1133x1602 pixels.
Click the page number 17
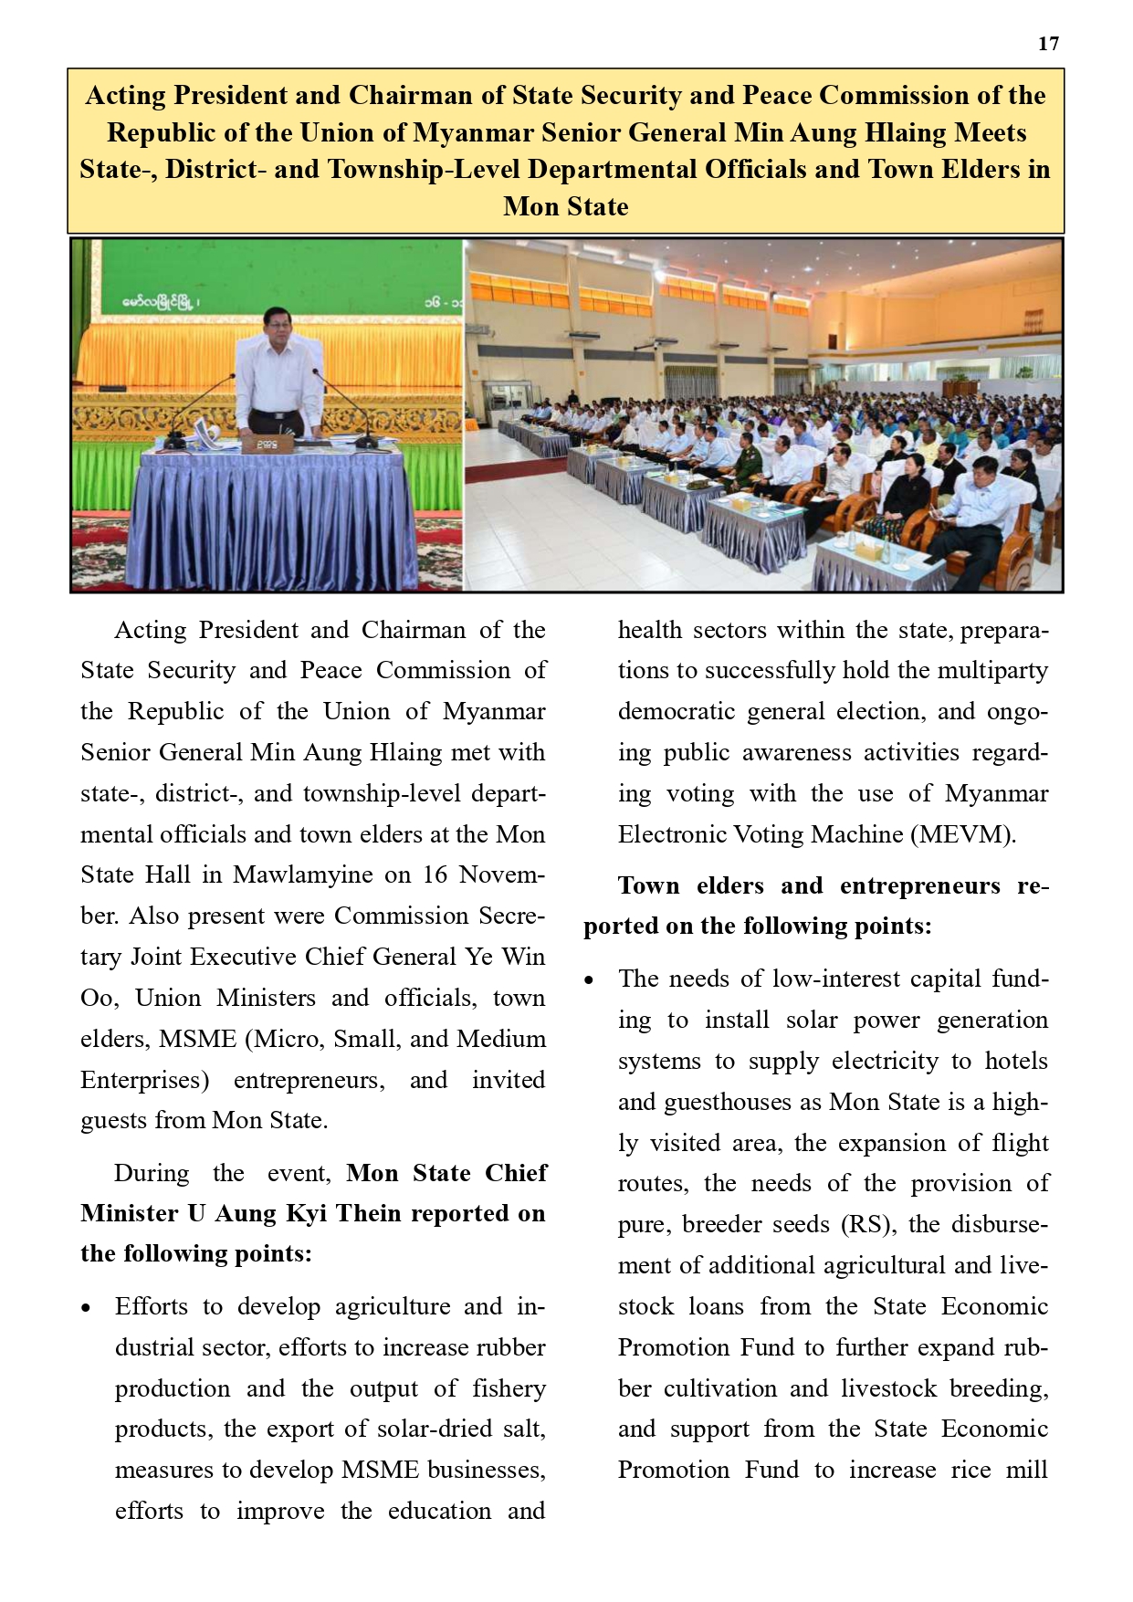[x=1048, y=44]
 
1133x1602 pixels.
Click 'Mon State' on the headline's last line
[x=565, y=206]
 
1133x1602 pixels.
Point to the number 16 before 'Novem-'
[x=435, y=874]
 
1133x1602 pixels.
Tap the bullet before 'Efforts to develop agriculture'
[x=86, y=1308]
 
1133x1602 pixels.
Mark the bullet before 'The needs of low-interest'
[x=590, y=980]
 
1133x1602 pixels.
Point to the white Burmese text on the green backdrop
[x=161, y=300]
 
